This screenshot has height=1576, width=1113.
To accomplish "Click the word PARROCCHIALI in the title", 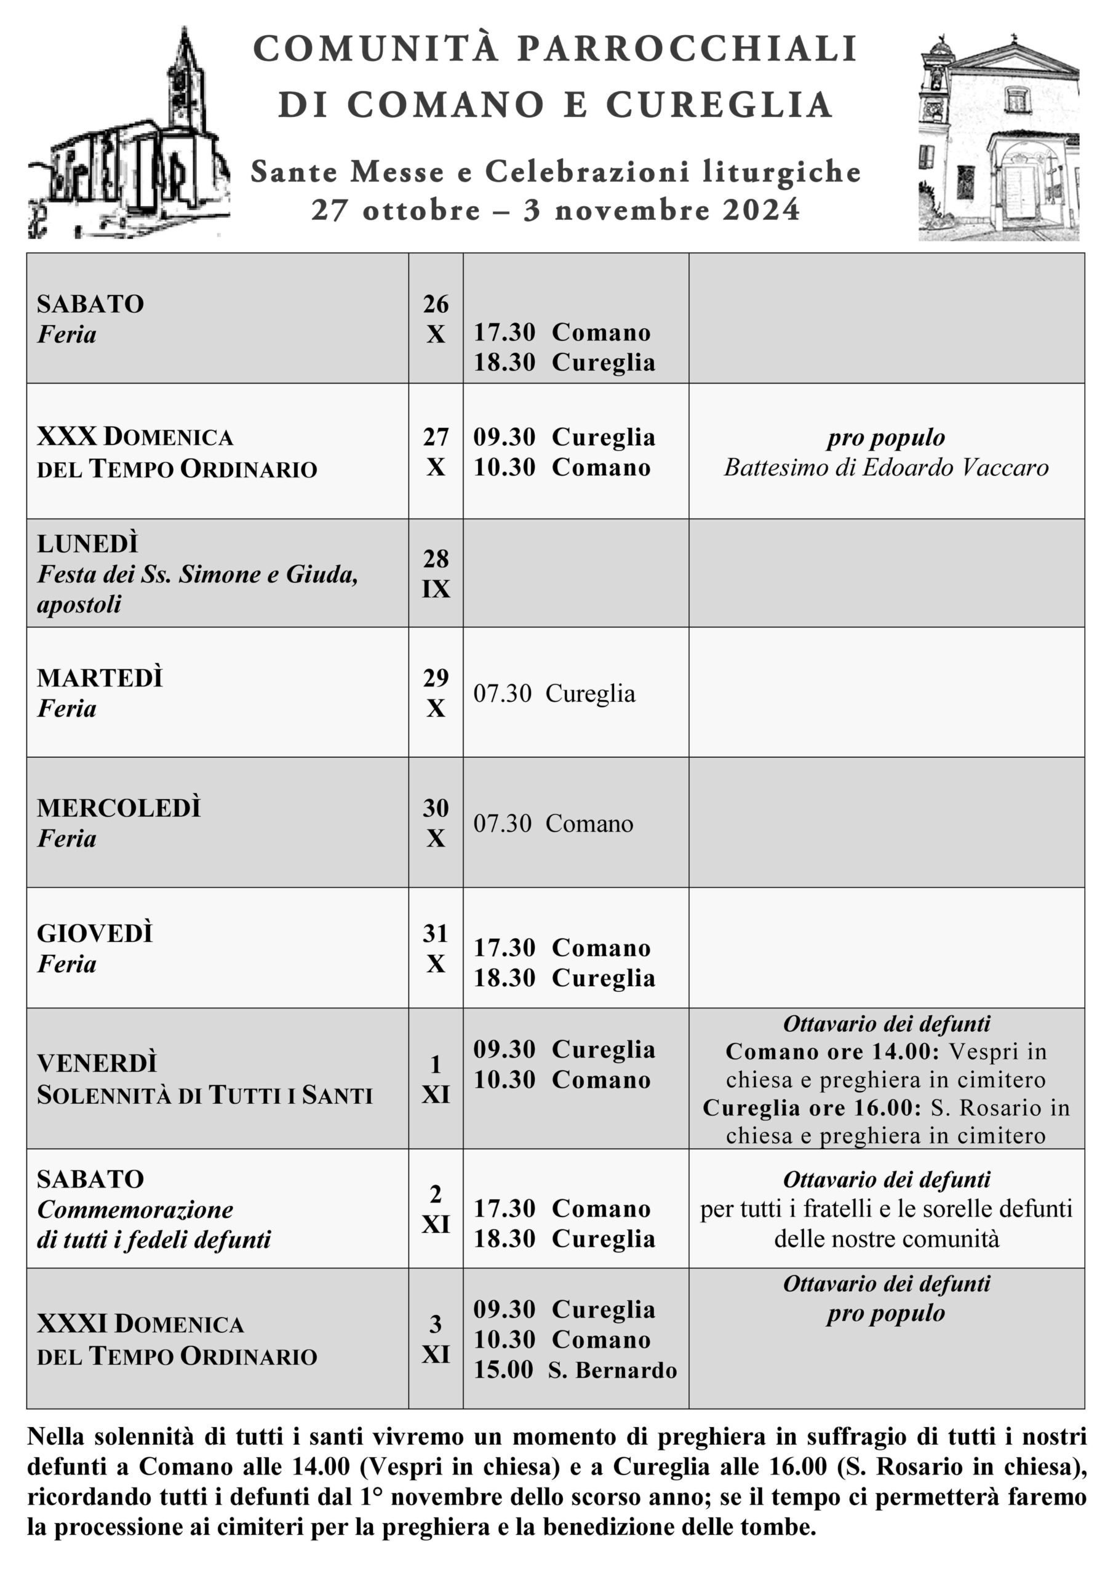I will (687, 49).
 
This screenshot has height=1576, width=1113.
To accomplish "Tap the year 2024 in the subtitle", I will (761, 210).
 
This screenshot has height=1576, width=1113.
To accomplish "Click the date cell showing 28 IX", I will (436, 574).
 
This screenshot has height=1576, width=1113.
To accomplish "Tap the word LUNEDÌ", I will (88, 544).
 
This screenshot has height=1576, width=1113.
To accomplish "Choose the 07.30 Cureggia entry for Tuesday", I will (554, 694).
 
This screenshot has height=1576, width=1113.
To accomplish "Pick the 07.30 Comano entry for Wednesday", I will (553, 824).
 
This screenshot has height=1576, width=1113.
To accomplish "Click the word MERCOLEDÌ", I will (119, 808).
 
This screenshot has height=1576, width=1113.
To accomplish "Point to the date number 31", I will (436, 934).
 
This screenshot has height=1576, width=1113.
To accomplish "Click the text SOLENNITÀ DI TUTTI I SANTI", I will (204, 1096).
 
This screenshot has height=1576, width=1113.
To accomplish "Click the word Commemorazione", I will (135, 1210).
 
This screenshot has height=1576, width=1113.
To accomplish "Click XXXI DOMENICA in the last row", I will (141, 1324).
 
